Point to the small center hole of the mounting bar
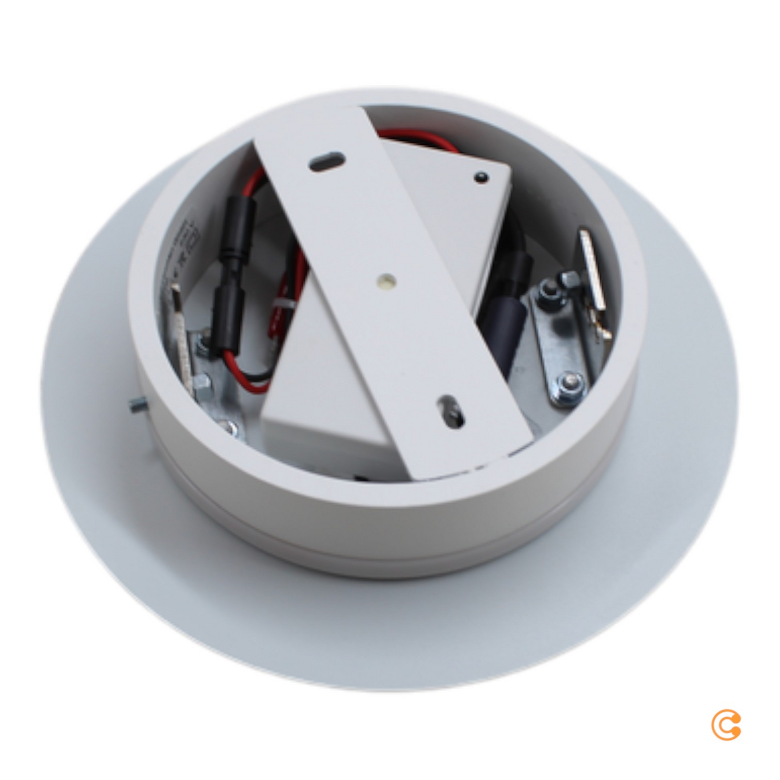(x=386, y=280)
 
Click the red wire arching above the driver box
(x=416, y=138)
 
